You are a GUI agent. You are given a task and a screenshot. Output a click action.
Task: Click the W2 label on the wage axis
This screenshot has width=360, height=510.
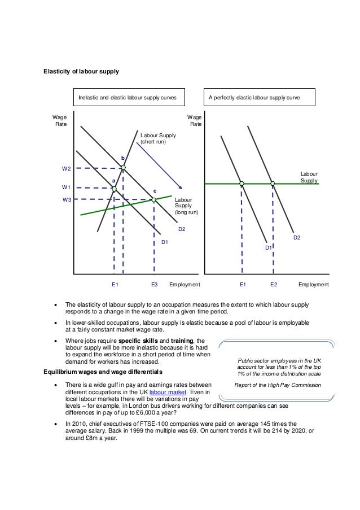pyautogui.click(x=67, y=168)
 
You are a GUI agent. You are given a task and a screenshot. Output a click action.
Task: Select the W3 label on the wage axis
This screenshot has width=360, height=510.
pyautogui.click(x=67, y=199)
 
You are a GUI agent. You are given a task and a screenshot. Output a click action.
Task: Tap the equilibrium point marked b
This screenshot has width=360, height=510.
pyautogui.click(x=123, y=167)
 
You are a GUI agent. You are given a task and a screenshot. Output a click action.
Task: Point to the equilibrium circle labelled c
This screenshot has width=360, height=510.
pyautogui.click(x=153, y=199)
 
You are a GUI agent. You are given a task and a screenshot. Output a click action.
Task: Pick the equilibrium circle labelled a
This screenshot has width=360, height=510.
pyautogui.click(x=114, y=188)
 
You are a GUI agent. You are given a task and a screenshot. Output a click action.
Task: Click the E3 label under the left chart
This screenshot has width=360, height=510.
pyautogui.click(x=154, y=285)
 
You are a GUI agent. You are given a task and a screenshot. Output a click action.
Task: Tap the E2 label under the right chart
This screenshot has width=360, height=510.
pyautogui.click(x=274, y=285)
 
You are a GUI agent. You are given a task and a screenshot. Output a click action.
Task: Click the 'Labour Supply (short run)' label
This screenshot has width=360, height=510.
pyautogui.click(x=158, y=139)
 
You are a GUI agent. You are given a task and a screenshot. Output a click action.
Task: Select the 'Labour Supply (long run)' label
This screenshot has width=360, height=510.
pyautogui.click(x=183, y=206)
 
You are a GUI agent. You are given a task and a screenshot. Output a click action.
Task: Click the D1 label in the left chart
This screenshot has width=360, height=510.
pyautogui.click(x=165, y=242)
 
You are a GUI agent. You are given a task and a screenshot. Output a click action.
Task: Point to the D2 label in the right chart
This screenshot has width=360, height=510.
pyautogui.click(x=297, y=238)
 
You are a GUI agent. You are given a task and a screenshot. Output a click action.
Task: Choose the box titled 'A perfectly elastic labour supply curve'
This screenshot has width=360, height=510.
pyautogui.click(x=262, y=97)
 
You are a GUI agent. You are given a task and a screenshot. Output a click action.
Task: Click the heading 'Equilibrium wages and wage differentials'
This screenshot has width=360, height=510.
pyautogui.click(x=104, y=372)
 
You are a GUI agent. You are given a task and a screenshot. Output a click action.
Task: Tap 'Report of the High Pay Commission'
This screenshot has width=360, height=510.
pyautogui.click(x=278, y=385)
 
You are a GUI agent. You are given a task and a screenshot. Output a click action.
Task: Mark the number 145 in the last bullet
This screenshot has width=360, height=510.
pyautogui.click(x=258, y=422)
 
